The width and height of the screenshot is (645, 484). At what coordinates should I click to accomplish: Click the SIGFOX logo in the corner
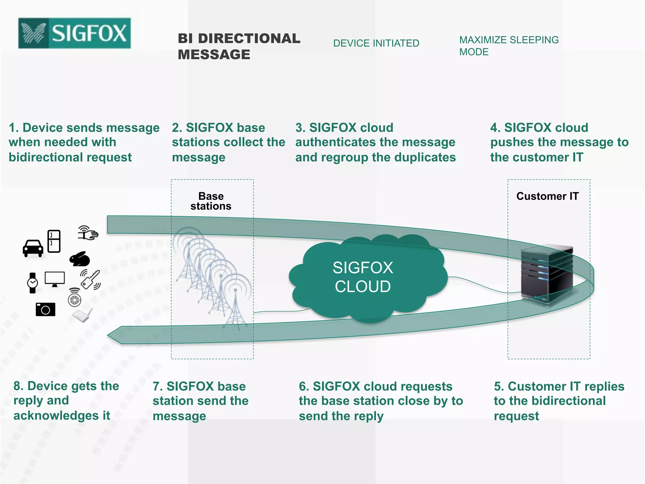pyautogui.click(x=74, y=33)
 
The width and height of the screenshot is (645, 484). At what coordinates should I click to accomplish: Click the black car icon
pyautogui.click(x=33, y=248)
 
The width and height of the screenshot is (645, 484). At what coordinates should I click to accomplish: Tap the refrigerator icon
pyautogui.click(x=54, y=241)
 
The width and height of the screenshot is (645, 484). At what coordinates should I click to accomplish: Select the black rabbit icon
pyautogui.click(x=80, y=259)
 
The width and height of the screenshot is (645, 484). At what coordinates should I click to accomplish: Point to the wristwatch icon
pyautogui.click(x=32, y=283)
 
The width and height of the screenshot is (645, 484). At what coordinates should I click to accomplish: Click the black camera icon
pyautogui.click(x=45, y=309)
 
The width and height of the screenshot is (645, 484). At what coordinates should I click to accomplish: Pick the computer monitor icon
pyautogui.click(x=54, y=279)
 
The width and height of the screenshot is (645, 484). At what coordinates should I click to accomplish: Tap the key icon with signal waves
pyautogui.click(x=90, y=279)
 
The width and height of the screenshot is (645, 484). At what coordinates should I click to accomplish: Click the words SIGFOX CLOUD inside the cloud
pyautogui.click(x=363, y=277)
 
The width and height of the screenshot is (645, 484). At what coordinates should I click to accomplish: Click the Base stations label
pyautogui.click(x=211, y=201)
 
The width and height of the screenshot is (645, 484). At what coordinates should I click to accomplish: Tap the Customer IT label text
pyautogui.click(x=547, y=196)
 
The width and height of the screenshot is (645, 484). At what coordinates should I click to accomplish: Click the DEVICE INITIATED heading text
pyautogui.click(x=376, y=43)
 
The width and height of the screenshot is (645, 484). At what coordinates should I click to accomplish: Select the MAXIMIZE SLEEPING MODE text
pyautogui.click(x=509, y=46)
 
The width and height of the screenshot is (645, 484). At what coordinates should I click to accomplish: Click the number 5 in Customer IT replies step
pyautogui.click(x=497, y=386)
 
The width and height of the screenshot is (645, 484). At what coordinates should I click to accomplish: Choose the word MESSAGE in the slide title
pyautogui.click(x=214, y=55)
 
